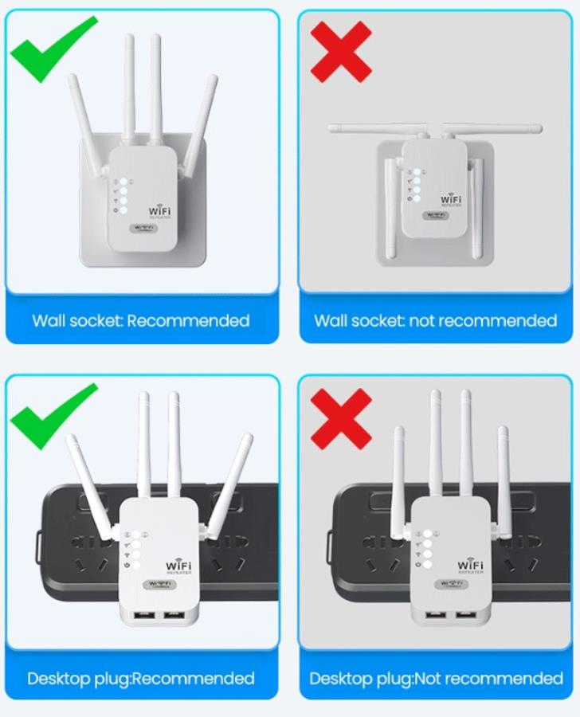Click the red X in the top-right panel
tap(341, 52)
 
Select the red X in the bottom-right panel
tap(341, 418)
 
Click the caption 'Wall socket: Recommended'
tap(141, 321)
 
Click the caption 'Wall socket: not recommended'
tap(435, 321)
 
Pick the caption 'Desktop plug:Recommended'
tap(141, 679)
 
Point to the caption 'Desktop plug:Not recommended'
tap(436, 679)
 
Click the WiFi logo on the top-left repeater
tap(159, 211)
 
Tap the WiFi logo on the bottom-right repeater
tap(470, 566)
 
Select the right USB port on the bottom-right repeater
tap(466, 614)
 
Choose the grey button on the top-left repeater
tap(143, 228)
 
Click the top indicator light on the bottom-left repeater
tap(136, 535)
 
